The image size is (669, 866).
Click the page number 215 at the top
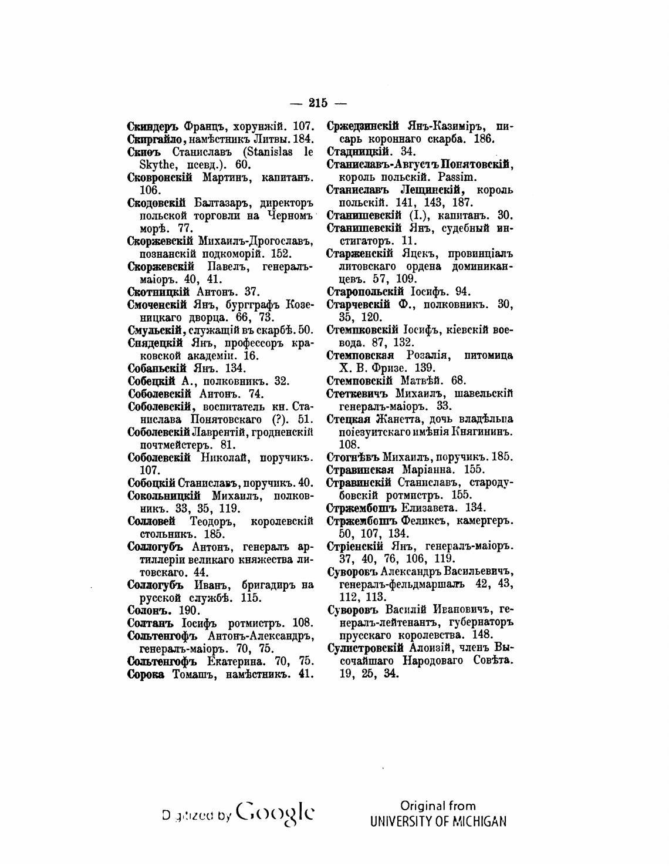[317, 103]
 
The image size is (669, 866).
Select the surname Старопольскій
[365, 292]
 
